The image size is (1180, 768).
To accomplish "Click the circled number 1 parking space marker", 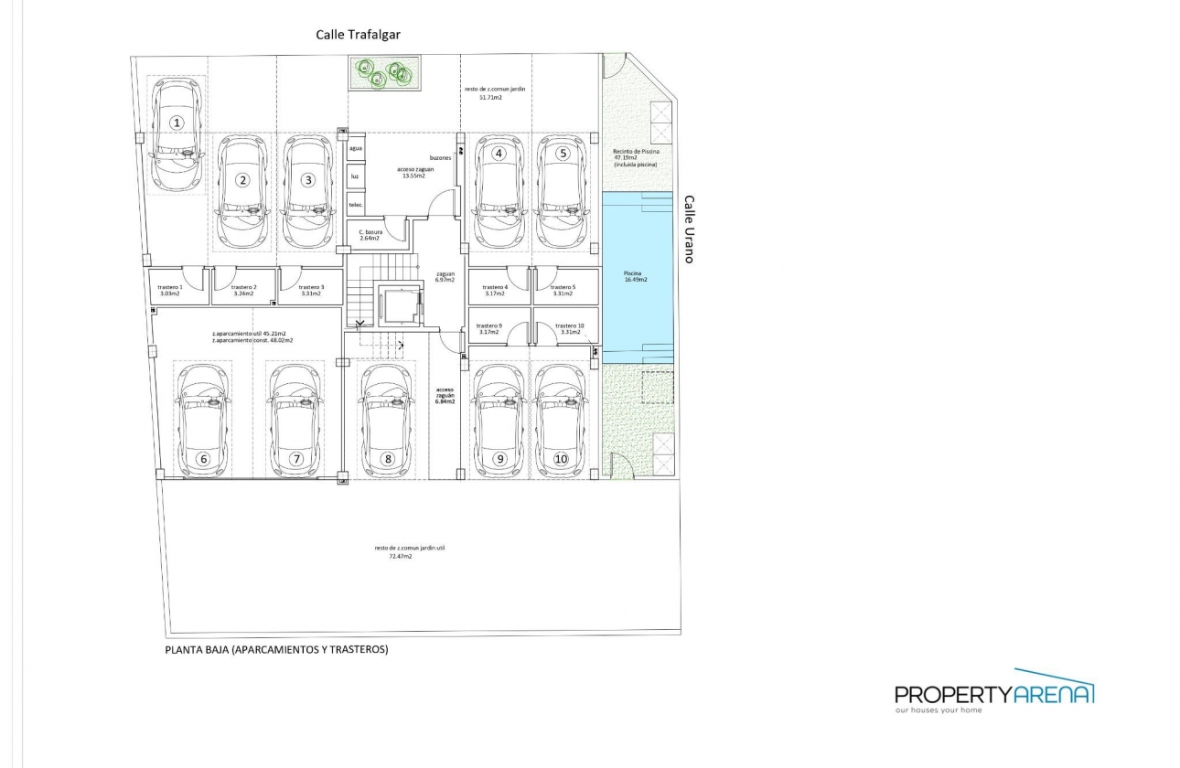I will (x=177, y=122).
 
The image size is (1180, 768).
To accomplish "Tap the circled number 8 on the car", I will (x=388, y=459).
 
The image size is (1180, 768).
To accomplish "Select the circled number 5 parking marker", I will (x=563, y=154).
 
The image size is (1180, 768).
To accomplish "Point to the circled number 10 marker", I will (x=561, y=459).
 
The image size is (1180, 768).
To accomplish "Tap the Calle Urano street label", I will (x=689, y=229).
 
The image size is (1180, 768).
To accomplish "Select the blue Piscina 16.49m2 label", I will (x=635, y=277).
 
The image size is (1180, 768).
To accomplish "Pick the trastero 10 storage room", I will (x=567, y=328).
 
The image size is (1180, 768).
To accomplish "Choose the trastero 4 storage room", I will (x=495, y=291).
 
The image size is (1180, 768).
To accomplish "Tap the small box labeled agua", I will (x=356, y=148).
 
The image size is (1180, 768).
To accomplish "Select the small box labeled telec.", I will (x=356, y=205).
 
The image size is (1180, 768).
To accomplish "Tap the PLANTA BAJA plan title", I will (x=276, y=650).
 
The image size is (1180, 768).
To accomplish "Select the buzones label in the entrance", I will (x=440, y=158).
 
